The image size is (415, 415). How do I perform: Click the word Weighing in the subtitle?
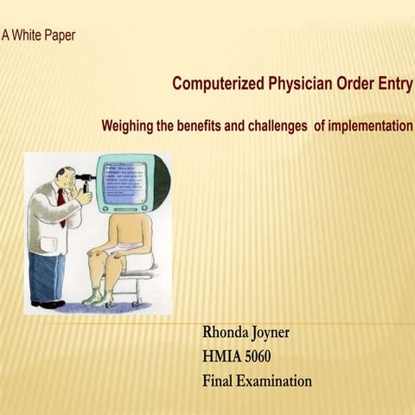(x=129, y=126)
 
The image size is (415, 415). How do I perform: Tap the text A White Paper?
(x=38, y=35)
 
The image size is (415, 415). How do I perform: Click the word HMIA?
(x=221, y=356)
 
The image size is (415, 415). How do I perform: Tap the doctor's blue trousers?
(x=47, y=275)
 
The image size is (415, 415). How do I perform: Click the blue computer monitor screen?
(x=126, y=182)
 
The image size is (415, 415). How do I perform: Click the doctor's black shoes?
(x=48, y=303)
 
